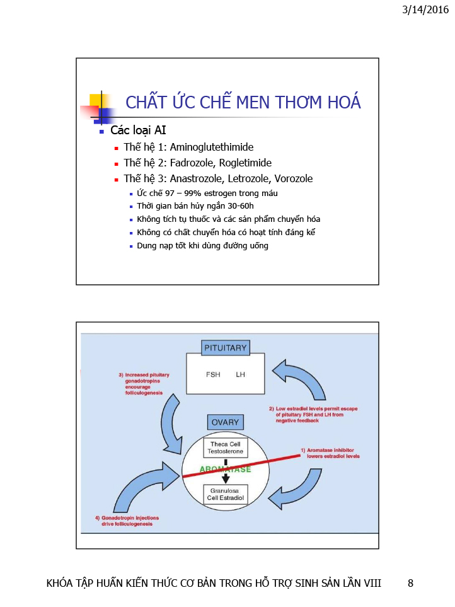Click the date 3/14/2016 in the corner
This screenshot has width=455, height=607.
pos(425,9)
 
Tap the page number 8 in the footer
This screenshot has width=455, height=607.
pos(410,583)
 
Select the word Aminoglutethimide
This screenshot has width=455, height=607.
pos(212,147)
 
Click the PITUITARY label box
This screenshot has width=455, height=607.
pos(225,348)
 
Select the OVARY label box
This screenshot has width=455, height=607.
pos(225,422)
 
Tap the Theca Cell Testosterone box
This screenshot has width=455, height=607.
pos(226,448)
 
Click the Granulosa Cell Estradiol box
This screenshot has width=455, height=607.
pos(226,494)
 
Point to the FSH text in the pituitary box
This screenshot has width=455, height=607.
pos(213,374)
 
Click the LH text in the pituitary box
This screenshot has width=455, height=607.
pos(240,374)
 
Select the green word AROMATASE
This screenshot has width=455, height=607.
pos(225,469)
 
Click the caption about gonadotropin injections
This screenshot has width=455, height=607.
pos(127,521)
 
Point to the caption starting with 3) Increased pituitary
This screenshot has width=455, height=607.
pos(144,384)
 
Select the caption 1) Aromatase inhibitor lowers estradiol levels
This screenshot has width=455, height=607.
pos(330,453)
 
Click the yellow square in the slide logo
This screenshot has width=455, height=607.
pos(95,100)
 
